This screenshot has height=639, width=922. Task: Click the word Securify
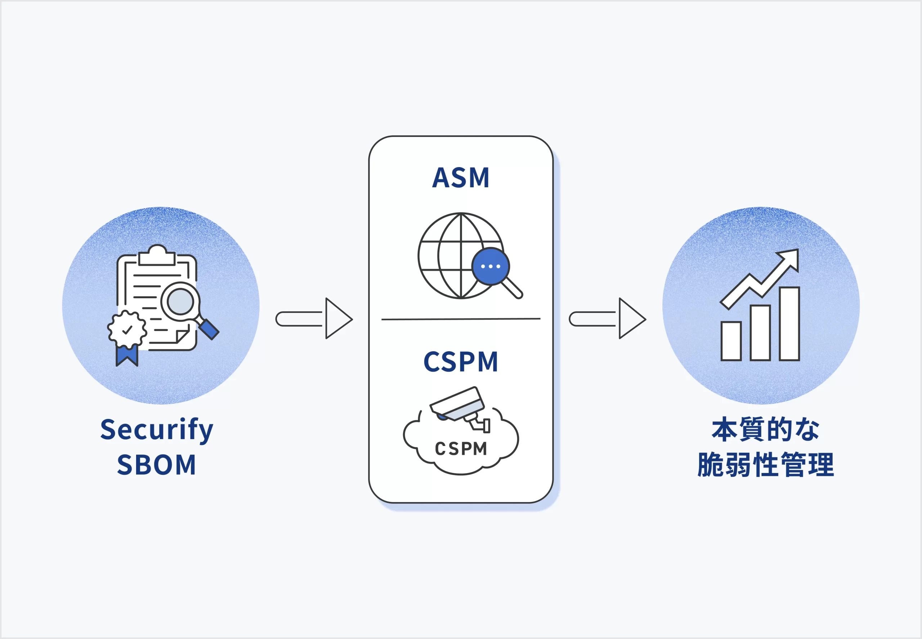tap(157, 430)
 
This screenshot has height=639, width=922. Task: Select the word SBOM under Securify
tap(157, 465)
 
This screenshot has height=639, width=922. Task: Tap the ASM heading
tap(461, 178)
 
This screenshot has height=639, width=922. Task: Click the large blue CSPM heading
tap(461, 362)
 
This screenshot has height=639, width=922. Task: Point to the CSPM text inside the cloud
tap(461, 449)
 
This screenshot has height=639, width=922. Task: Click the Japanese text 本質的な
tap(765, 430)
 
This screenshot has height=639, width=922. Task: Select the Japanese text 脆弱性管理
tap(765, 465)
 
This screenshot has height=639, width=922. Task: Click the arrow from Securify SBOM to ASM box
tap(314, 319)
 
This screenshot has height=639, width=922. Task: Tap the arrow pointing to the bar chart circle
tap(608, 319)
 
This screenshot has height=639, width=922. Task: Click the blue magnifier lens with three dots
tap(491, 266)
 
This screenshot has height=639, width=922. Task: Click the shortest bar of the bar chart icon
tap(731, 341)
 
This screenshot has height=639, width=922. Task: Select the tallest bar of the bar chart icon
tap(789, 323)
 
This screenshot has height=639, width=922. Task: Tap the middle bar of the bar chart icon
tap(760, 333)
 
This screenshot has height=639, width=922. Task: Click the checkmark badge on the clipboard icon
tap(127, 330)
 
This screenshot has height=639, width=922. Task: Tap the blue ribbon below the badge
tap(127, 355)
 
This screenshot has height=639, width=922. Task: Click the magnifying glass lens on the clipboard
tap(180, 301)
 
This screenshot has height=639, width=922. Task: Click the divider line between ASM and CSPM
tap(461, 319)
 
